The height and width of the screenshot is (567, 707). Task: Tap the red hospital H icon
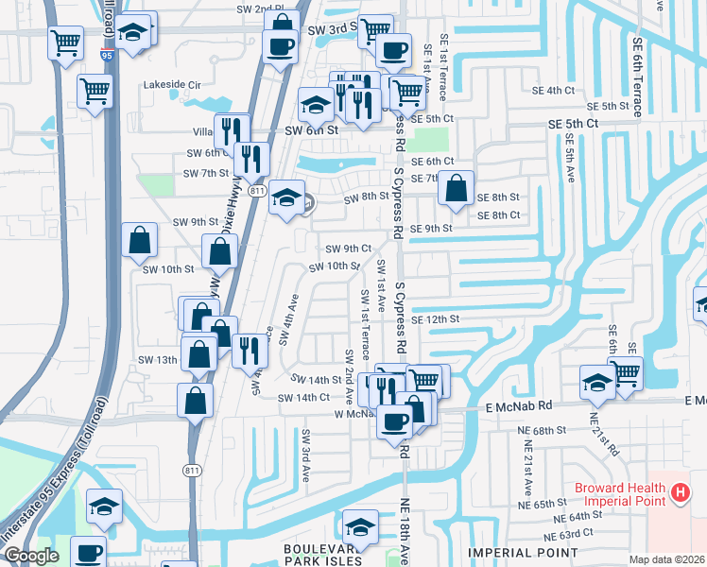click(678, 492)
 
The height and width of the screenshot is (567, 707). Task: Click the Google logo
click(31, 556)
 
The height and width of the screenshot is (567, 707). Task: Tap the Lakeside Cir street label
click(172, 84)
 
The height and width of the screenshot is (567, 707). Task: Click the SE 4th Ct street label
click(553, 91)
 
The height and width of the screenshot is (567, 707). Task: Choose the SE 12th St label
click(434, 320)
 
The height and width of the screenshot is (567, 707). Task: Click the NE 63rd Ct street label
click(579, 533)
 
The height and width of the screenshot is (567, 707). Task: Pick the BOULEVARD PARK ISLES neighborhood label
click(322, 554)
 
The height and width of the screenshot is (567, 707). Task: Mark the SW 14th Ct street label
click(303, 398)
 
